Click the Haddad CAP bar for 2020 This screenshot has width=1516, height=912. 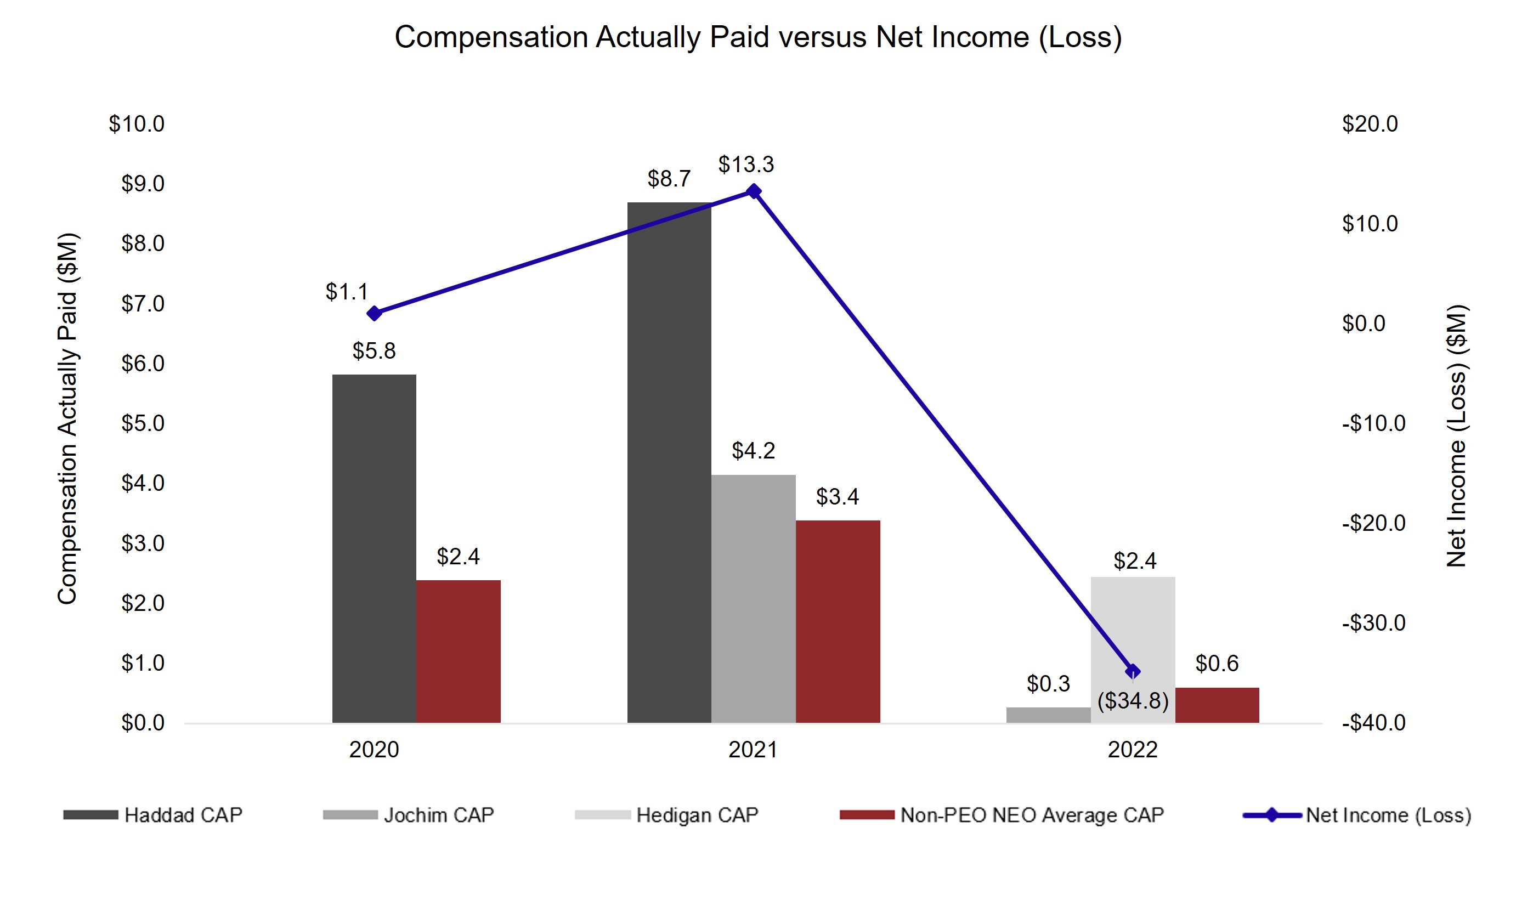pos(374,548)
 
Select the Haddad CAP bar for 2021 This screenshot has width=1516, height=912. pos(669,462)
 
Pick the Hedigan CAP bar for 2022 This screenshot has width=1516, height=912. pos(1133,621)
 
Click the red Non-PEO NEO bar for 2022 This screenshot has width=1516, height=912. pos(1217,705)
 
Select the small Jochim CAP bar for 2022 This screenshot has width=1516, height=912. pos(1048,715)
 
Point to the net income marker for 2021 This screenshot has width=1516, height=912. pos(753,192)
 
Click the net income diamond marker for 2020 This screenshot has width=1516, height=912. pos(374,314)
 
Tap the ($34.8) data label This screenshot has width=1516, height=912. pos(1133,701)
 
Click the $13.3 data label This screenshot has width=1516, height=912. pos(745,164)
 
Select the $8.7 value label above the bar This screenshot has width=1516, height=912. pos(669,179)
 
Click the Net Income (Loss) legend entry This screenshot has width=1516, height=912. pos(1388,815)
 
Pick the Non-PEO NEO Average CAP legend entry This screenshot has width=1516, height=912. pos(1031,815)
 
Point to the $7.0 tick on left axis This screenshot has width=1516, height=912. pos(143,304)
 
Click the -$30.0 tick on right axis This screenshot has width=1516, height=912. pos(1373,622)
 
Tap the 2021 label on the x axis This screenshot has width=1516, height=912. pos(753,750)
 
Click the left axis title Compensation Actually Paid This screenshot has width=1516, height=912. pos(67,418)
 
